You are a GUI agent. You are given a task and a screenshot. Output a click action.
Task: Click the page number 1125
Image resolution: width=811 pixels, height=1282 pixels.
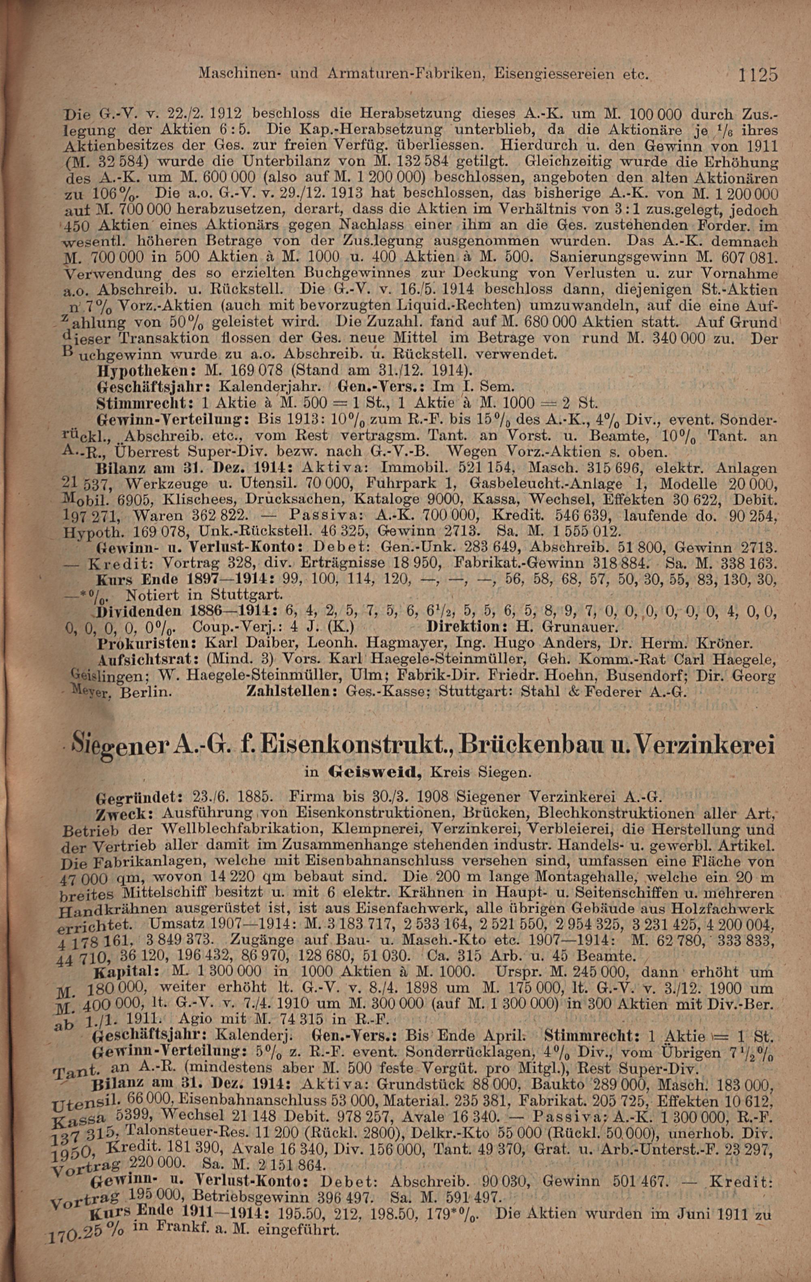[758, 75]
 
